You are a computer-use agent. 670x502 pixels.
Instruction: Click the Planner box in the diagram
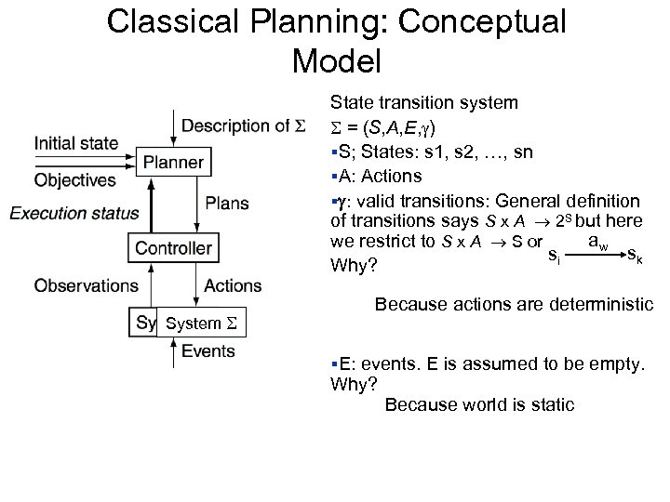tap(173, 163)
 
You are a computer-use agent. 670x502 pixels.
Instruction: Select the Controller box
tap(173, 247)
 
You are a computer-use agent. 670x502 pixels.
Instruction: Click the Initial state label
tap(76, 143)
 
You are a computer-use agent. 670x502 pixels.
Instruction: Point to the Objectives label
tap(75, 179)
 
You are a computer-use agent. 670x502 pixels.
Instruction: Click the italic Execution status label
tap(74, 213)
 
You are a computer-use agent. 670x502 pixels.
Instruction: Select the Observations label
tap(86, 285)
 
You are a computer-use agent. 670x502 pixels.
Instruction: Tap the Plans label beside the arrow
tap(227, 203)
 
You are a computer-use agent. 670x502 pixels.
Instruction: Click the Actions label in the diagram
tap(233, 285)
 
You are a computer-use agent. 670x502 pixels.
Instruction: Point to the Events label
tap(208, 351)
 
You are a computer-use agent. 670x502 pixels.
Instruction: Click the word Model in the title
tap(336, 61)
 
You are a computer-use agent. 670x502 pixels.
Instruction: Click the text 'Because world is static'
tap(479, 404)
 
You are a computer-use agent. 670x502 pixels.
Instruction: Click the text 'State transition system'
tap(424, 102)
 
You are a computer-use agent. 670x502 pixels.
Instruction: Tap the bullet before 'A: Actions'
tap(333, 177)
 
